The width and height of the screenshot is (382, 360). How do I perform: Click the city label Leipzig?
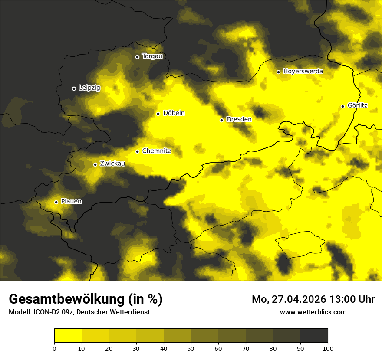tap(89, 88)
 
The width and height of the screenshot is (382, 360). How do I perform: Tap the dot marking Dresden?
tap(221, 120)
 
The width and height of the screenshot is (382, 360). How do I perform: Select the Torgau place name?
tap(152, 56)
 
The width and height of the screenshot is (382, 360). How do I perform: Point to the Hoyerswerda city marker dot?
tap(278, 72)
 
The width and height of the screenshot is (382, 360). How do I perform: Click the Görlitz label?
tap(357, 105)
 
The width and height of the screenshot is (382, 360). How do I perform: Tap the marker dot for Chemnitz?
tap(137, 151)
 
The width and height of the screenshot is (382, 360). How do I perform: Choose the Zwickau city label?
tap(112, 164)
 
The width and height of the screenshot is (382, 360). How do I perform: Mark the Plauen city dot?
tap(56, 202)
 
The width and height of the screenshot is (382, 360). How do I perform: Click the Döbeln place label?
tap(174, 113)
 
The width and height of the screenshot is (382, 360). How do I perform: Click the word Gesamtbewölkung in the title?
tap(66, 299)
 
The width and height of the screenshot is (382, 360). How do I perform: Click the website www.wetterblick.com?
tap(313, 312)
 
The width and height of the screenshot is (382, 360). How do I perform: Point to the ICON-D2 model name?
tap(44, 312)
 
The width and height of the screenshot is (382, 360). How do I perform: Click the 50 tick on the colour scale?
tap(191, 348)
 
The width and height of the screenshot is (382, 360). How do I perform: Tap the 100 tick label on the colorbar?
tap(328, 348)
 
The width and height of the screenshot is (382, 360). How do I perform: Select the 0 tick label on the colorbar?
tap(54, 348)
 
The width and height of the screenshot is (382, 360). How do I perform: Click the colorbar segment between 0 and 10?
tap(68, 336)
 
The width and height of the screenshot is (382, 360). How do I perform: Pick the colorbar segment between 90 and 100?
tap(314, 336)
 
